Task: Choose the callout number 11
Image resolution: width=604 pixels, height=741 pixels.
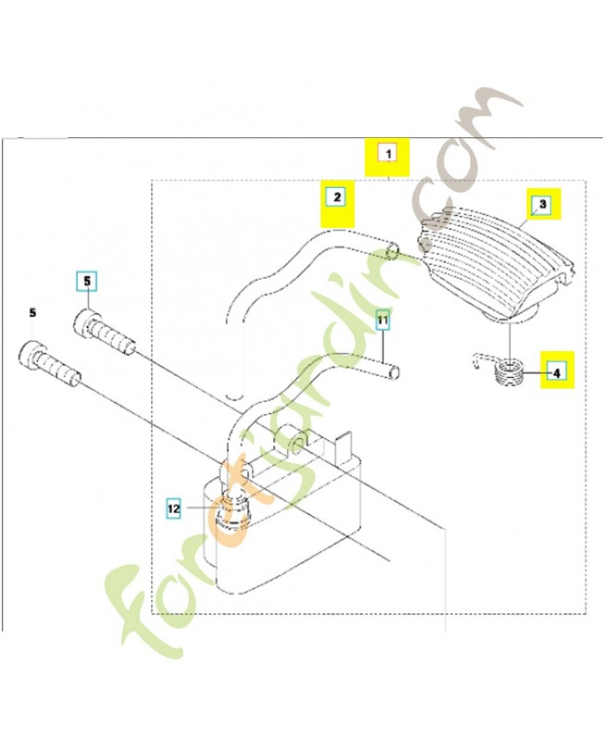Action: [x=384, y=320]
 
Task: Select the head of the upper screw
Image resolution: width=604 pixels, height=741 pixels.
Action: [x=86, y=324]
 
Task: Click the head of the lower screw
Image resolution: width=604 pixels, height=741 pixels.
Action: [x=32, y=354]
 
